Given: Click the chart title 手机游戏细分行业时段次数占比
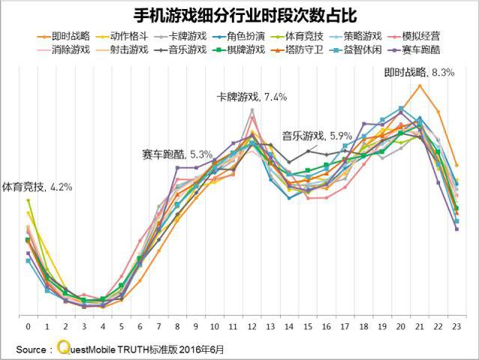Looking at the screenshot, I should pos(239,15).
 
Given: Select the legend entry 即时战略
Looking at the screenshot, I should pos(71,35).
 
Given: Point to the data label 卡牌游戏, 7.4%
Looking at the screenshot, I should pos(252,97).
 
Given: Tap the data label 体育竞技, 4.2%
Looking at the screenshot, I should pos(37,186).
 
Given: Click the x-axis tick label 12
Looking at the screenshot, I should pos(252,328).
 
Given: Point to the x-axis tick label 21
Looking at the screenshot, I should pos(420,328).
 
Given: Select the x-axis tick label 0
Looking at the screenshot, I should pos(29,328).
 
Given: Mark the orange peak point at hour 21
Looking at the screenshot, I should pos(420,86).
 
